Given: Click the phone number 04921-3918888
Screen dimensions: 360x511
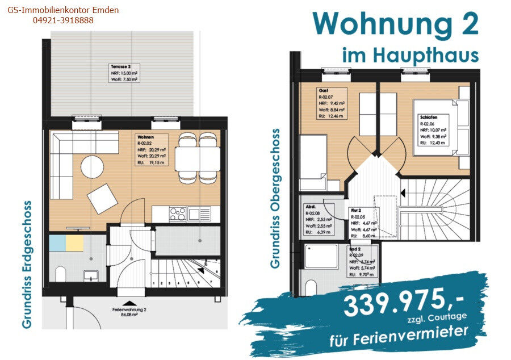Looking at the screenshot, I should [x=63, y=20].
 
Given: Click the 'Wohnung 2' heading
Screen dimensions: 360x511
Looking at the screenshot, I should [x=396, y=24].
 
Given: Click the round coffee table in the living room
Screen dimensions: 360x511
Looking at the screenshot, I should [x=93, y=167].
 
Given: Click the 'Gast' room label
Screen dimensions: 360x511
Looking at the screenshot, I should [x=324, y=90].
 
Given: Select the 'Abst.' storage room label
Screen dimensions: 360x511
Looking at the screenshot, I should [x=310, y=207].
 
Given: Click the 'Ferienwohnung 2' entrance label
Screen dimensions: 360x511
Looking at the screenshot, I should [x=130, y=310].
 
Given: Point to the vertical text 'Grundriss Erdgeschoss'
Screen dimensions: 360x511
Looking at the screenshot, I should [x=27, y=263].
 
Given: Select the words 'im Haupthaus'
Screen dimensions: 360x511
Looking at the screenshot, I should [x=410, y=56].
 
